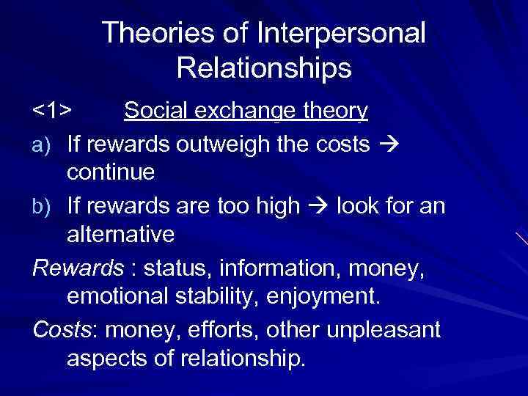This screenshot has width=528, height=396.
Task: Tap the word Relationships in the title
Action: [264, 68]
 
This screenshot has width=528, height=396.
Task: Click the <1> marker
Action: [52, 111]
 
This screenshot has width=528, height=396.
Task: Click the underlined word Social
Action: [153, 111]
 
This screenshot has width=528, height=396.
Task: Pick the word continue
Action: [111, 173]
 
